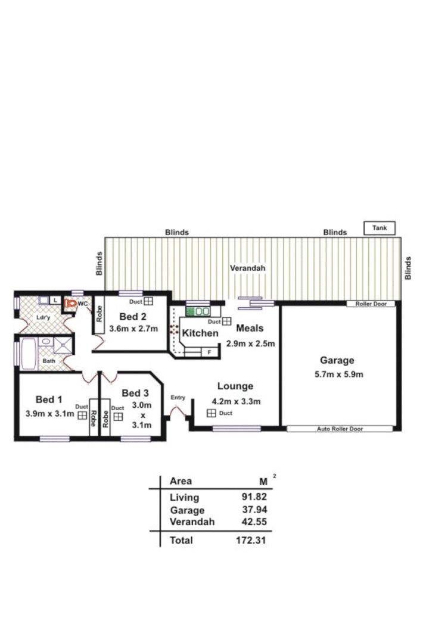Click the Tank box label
(x=380, y=227)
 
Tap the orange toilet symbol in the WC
(x=70, y=304)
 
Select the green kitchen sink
(x=198, y=311)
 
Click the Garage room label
(x=337, y=360)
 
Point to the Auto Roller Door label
(x=340, y=429)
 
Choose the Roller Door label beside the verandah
(x=371, y=304)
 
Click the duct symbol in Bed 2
(x=148, y=301)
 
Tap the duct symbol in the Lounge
(x=211, y=413)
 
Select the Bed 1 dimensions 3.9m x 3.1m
(x=49, y=414)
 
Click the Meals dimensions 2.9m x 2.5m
(x=250, y=344)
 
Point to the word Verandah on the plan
(x=247, y=268)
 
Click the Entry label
(x=178, y=397)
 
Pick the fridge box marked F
(x=209, y=352)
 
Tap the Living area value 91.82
(x=254, y=497)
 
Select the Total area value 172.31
(x=251, y=540)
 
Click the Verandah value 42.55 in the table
(x=254, y=522)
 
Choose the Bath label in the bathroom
(x=49, y=361)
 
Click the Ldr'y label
(x=43, y=318)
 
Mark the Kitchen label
(x=200, y=333)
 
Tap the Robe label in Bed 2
(x=99, y=314)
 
